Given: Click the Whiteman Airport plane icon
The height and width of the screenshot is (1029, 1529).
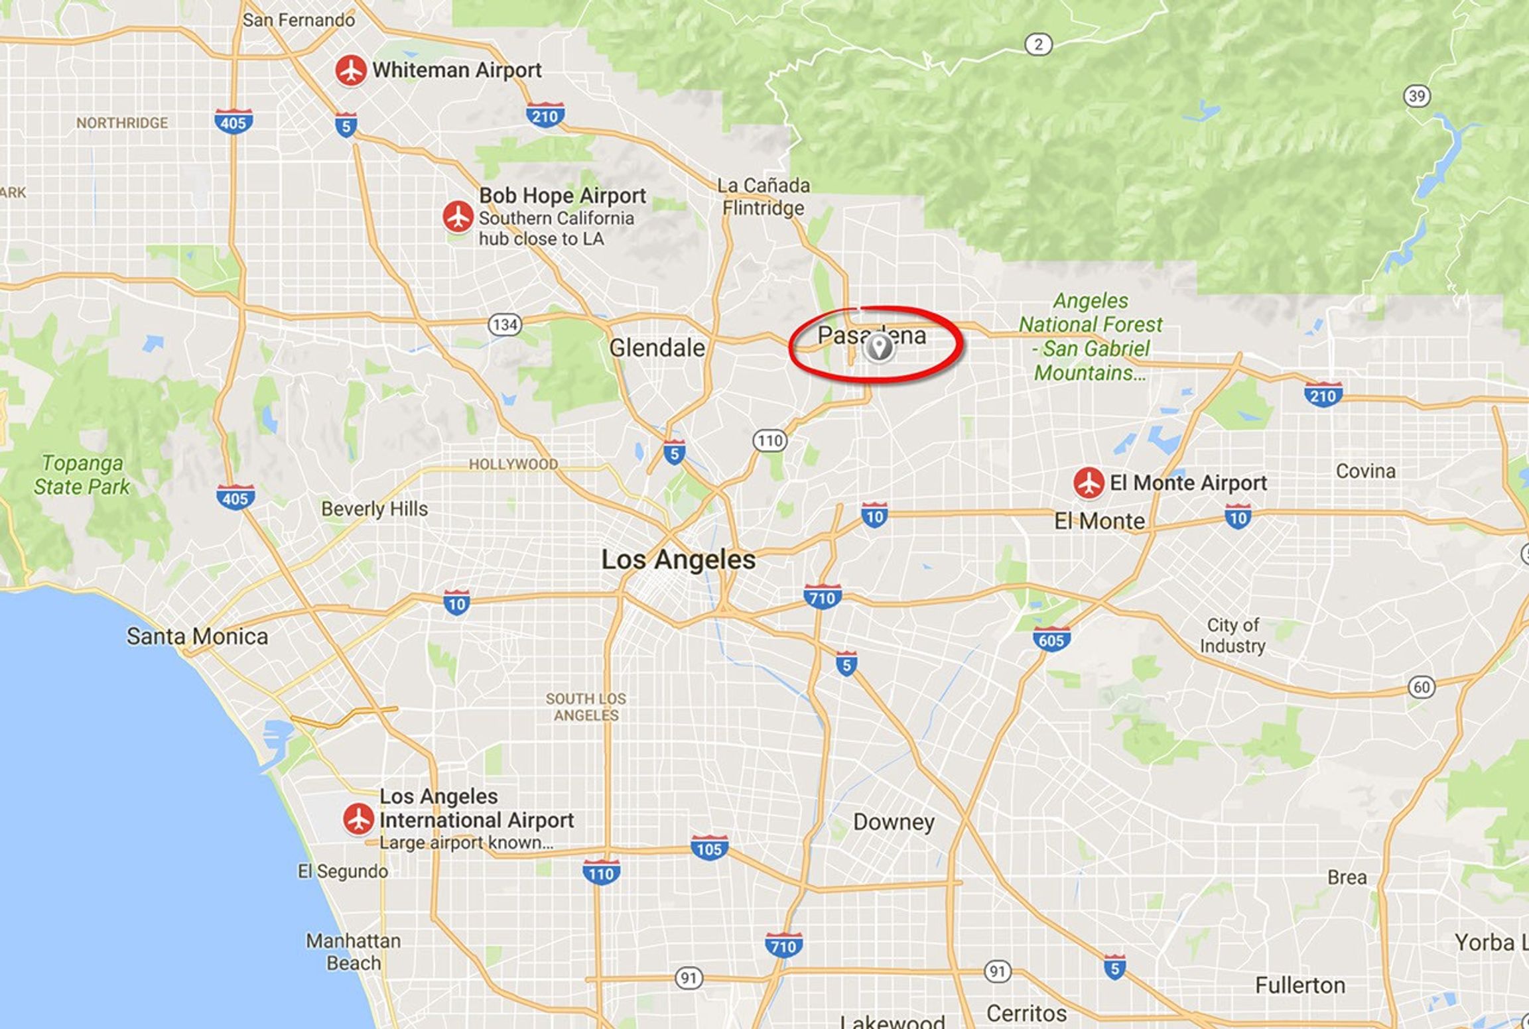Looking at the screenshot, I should tap(350, 70).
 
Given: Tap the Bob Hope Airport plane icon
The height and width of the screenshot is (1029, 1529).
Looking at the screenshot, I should tap(458, 216).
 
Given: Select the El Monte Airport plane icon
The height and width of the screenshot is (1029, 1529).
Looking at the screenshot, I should tap(1089, 483).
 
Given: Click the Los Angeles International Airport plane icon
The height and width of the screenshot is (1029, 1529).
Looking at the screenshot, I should tap(358, 819).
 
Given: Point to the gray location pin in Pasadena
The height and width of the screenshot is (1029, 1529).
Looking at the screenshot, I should tap(879, 347).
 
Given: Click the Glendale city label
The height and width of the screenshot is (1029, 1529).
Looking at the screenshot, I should tap(657, 347).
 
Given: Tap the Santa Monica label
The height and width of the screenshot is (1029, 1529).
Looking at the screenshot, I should tap(197, 636).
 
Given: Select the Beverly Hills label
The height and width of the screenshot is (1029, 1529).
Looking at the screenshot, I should tap(374, 509).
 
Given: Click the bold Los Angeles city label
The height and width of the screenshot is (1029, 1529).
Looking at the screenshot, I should tap(678, 560).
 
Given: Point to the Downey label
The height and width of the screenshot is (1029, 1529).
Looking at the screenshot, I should tap(894, 822).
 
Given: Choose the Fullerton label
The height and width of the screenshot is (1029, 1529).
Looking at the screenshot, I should tap(1299, 986).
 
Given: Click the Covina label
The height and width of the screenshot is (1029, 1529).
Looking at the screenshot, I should tap(1365, 471).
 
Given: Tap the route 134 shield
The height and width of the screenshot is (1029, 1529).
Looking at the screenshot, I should tap(505, 325).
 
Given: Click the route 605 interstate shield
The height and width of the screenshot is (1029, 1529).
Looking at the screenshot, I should tap(1051, 640).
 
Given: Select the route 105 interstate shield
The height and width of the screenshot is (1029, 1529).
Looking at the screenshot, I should tap(709, 849).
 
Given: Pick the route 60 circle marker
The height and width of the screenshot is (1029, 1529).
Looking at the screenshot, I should tap(1422, 687).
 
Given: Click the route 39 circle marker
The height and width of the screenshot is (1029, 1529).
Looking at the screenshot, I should tap(1417, 96).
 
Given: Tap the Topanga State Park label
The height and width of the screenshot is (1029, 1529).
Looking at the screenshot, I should tap(82, 475).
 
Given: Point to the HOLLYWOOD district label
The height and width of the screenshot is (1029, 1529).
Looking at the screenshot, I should tap(513, 464).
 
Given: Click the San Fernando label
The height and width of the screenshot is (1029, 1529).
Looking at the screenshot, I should tap(299, 21).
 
